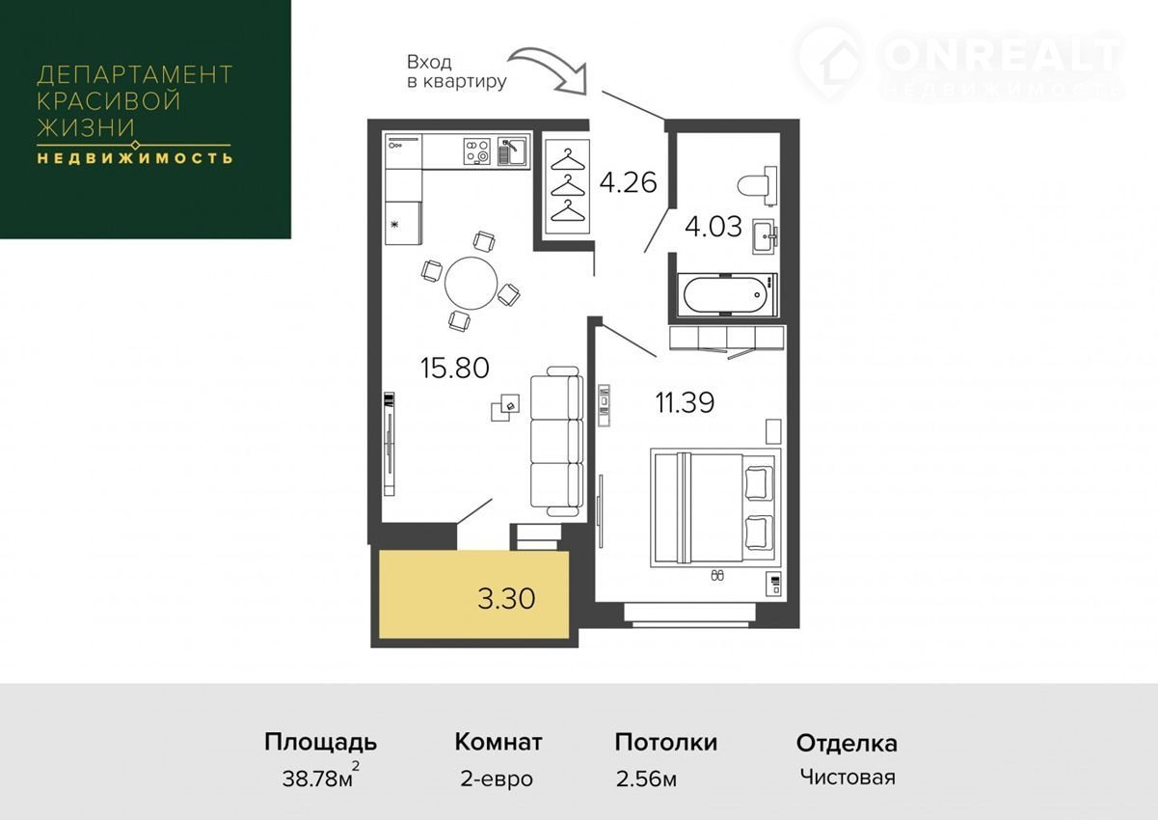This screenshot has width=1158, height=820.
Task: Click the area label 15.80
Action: click(455, 369)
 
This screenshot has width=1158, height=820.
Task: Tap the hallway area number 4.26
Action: click(628, 182)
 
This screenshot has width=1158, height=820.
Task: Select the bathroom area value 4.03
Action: click(714, 227)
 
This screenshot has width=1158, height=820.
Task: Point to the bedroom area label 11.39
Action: click(685, 402)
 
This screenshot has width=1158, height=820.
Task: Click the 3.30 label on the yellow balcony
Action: click(506, 598)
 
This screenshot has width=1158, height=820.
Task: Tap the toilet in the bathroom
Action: click(757, 186)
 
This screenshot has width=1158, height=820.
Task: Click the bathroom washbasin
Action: click(765, 237)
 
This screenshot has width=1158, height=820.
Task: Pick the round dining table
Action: click(471, 283)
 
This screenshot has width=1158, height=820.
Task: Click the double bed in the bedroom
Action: click(713, 507)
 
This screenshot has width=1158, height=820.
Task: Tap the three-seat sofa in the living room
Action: click(557, 441)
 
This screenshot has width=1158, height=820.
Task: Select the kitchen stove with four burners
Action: click(476, 151)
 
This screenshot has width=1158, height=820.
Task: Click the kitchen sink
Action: click(512, 151)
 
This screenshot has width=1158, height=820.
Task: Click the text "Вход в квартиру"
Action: click(456, 71)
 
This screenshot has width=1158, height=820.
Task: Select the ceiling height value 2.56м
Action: click(646, 779)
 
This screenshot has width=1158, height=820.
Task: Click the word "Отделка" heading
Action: click(847, 744)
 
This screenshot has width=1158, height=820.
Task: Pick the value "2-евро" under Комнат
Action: click(497, 779)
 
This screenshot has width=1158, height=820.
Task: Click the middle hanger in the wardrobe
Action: click(568, 187)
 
